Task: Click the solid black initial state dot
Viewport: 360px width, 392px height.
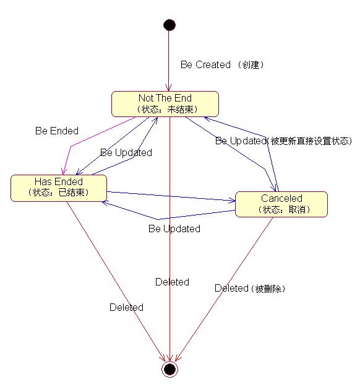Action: click(x=169, y=25)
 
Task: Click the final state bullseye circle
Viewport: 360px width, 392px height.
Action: click(x=169, y=369)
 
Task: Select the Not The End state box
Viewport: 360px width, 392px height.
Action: click(x=165, y=104)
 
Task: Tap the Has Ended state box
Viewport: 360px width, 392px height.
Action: click(x=59, y=188)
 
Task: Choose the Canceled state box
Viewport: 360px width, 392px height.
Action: click(x=281, y=204)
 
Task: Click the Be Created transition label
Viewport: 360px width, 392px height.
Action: click(x=222, y=64)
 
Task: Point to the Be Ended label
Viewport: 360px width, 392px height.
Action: click(x=57, y=131)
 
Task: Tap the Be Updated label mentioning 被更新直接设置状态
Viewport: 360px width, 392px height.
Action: click(x=283, y=141)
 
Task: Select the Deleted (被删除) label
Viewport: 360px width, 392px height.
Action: click(x=250, y=289)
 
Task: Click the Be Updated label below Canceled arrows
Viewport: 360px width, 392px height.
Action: click(x=174, y=229)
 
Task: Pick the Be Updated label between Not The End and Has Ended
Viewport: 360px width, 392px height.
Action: click(x=126, y=152)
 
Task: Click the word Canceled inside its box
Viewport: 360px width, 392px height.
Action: click(x=281, y=199)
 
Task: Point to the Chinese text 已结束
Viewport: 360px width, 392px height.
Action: click(x=71, y=192)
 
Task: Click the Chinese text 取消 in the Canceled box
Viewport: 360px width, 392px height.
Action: click(x=297, y=209)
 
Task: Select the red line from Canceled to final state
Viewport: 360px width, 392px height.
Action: click(x=224, y=289)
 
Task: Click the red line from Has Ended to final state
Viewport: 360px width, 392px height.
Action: click(x=116, y=282)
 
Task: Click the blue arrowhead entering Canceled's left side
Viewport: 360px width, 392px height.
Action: click(x=232, y=200)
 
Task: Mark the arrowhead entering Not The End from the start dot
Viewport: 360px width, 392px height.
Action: click(x=169, y=88)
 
